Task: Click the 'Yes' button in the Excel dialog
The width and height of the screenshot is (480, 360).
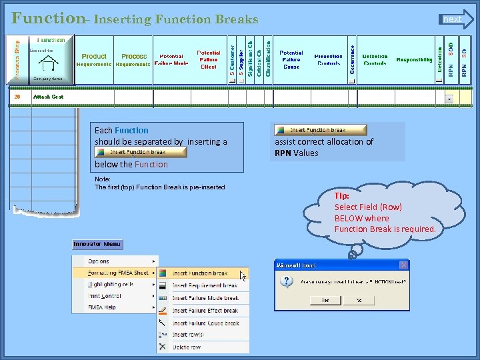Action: (x=325, y=301)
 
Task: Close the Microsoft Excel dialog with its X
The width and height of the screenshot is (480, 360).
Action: (x=403, y=265)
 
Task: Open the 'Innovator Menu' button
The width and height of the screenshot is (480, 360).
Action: (x=97, y=245)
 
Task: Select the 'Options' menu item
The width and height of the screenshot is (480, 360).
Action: (x=99, y=261)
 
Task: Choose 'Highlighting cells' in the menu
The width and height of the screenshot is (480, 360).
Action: (x=111, y=284)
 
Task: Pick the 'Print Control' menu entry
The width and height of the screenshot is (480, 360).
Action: (x=105, y=295)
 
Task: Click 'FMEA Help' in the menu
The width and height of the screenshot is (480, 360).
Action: (x=102, y=307)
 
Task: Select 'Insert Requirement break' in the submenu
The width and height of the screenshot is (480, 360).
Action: (x=205, y=285)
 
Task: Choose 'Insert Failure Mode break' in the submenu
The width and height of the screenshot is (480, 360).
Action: (x=205, y=298)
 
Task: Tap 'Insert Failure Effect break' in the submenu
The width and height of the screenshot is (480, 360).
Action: (x=205, y=311)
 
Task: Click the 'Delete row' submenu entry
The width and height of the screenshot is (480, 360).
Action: (x=187, y=347)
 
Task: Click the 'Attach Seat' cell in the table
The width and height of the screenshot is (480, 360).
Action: (x=49, y=97)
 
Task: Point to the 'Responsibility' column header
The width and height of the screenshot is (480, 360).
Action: (x=414, y=60)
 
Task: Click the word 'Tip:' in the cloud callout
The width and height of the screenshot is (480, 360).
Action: (x=341, y=196)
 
